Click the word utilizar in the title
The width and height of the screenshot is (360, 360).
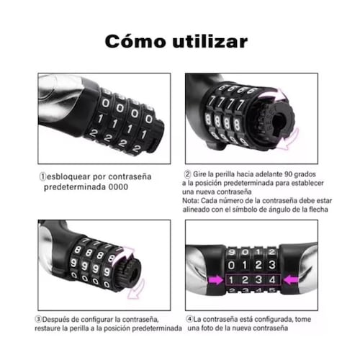[210, 41]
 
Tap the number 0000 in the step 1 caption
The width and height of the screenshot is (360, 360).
[118, 187]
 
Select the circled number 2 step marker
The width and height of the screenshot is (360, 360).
[187, 174]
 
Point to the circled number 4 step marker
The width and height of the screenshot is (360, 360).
[189, 319]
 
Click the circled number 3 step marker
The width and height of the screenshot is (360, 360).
[38, 319]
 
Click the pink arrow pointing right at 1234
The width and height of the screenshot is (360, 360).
[215, 280]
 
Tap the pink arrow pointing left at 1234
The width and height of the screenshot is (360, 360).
[292, 280]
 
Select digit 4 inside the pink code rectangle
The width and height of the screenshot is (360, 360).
[272, 280]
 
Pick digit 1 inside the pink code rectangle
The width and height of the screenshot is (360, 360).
[231, 280]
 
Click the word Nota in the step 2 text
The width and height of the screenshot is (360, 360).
[190, 201]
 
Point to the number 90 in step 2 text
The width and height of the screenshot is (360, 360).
[289, 174]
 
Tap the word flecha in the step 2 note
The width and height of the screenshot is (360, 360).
[318, 210]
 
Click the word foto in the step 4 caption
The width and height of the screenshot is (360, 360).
[201, 328]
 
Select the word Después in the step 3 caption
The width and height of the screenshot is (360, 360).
[57, 320]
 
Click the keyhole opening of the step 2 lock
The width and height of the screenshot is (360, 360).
[279, 122]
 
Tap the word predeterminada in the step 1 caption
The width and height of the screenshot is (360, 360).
[75, 187]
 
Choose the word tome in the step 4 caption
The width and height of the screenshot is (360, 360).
[303, 320]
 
